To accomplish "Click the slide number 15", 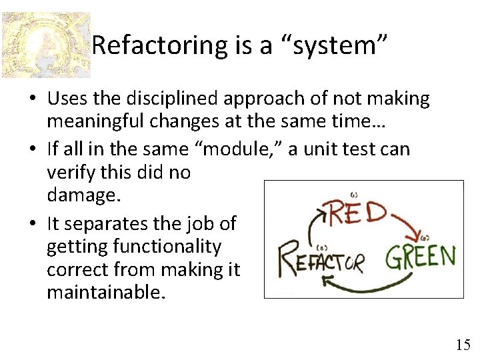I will pyautogui.click(x=463, y=345).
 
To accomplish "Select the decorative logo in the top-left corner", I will pyautogui.click(x=45, y=45).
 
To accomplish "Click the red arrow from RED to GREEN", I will pyautogui.click(x=404, y=227).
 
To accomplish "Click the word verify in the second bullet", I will pyautogui.click(x=67, y=173).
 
